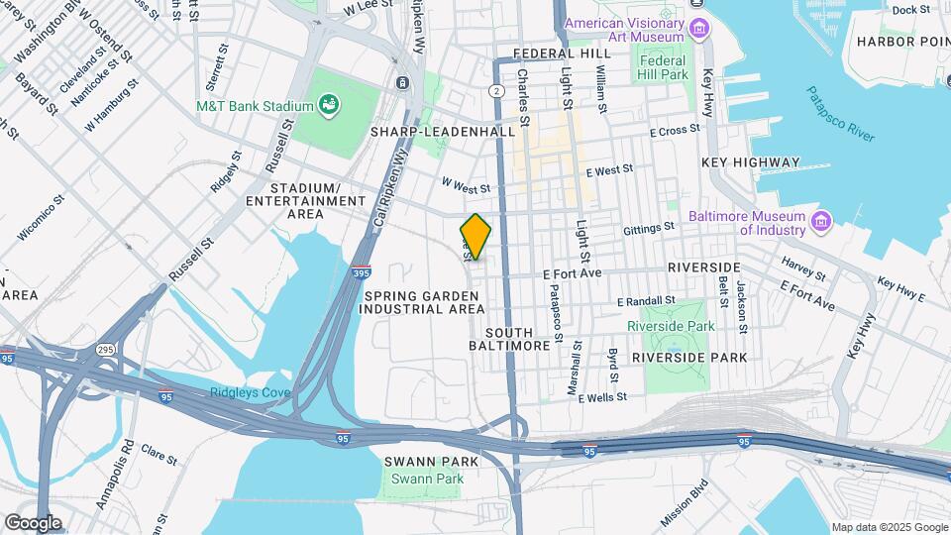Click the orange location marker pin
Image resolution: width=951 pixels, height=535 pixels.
point(476,237)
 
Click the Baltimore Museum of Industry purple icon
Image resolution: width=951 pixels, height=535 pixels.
point(819,221)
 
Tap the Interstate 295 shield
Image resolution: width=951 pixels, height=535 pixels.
point(104,349)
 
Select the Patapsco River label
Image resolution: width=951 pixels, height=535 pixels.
point(839,113)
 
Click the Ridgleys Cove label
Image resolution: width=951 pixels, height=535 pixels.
point(250,392)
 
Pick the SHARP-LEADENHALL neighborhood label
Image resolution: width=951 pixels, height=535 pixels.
point(443,131)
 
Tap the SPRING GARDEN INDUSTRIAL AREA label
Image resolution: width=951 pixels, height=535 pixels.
point(423,302)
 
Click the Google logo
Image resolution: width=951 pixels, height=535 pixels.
point(33,522)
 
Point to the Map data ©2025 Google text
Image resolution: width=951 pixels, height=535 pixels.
point(889,527)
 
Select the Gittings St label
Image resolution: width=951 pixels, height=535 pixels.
point(649,227)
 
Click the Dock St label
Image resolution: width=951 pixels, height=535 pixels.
point(910,10)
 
